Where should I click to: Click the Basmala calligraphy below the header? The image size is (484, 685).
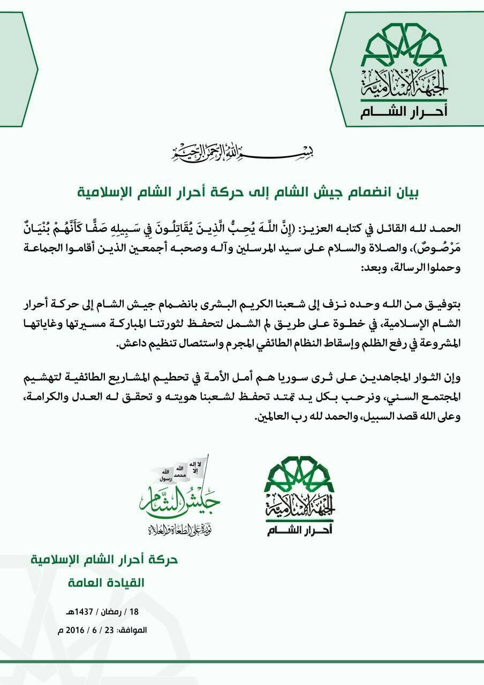click(x=242, y=154)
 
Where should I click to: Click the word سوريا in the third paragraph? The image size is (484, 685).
click(x=316, y=377)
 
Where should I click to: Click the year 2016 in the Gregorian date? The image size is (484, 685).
click(x=77, y=630)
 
